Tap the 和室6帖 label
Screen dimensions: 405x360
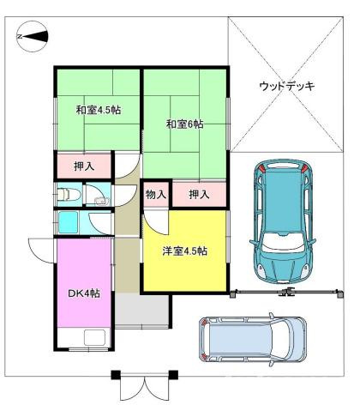coord(184,124)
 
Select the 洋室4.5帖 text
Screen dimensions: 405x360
coord(185,251)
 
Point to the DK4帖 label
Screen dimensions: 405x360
coord(84,293)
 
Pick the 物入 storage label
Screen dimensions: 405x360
coord(155,194)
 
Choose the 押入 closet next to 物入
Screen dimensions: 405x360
coord(199,194)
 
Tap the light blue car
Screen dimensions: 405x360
coord(254,342)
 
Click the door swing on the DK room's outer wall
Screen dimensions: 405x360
coord(42,251)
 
